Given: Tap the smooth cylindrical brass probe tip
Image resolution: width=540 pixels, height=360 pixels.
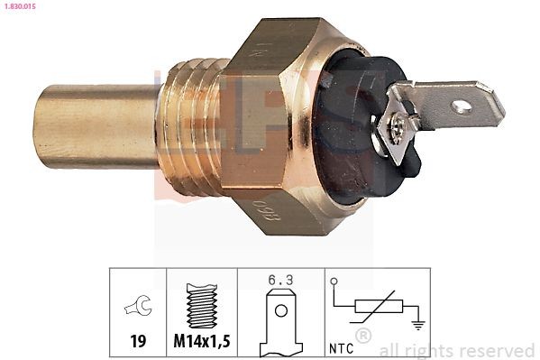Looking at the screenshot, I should [90, 127].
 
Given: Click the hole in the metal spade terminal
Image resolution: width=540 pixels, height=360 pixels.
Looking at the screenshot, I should [462, 106].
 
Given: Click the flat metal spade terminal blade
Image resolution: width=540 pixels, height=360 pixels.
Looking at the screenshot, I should [442, 104].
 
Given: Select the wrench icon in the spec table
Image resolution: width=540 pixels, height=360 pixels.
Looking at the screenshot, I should [137, 308].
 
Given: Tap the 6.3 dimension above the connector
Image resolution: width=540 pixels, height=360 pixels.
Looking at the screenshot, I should [280, 281].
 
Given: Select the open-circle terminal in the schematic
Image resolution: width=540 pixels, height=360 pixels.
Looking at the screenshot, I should [334, 282].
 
